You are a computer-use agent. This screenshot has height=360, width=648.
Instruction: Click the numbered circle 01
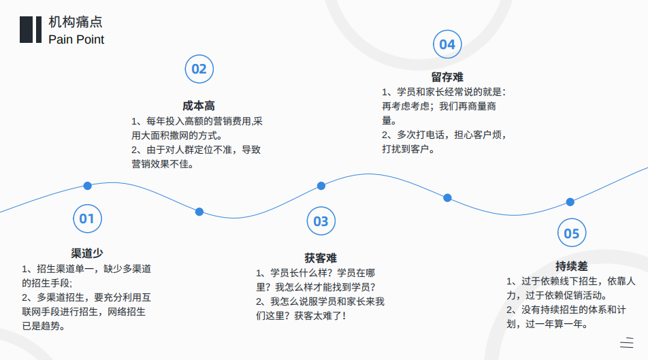click(x=87, y=218)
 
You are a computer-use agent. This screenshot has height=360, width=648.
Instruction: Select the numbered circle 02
click(x=199, y=69)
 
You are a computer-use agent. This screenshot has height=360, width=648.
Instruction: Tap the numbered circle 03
click(x=321, y=221)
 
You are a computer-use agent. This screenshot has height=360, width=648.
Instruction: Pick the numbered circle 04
click(x=447, y=44)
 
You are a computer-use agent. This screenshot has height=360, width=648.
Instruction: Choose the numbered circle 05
click(x=572, y=233)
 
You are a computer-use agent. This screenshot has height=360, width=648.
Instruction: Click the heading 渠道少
click(x=87, y=253)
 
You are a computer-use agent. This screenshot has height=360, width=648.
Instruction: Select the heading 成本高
click(x=199, y=105)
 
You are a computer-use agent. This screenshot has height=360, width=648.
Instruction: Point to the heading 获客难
click(x=321, y=259)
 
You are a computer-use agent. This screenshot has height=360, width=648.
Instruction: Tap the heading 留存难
click(x=447, y=78)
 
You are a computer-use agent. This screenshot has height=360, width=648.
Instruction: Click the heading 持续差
click(x=572, y=266)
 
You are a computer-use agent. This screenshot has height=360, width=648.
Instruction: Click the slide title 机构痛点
click(x=75, y=22)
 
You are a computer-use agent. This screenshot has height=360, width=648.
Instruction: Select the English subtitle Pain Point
click(x=76, y=39)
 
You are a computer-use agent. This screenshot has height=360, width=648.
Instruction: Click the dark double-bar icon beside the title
click(x=31, y=30)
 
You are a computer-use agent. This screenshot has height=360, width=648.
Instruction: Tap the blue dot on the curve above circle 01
click(x=87, y=186)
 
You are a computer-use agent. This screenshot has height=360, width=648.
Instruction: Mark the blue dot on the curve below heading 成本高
click(x=199, y=212)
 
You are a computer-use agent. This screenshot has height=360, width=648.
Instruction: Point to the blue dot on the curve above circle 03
click(x=321, y=186)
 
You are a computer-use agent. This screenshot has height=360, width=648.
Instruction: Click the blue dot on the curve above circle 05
click(x=570, y=202)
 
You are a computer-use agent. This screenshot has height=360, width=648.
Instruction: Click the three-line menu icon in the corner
click(x=627, y=342)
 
